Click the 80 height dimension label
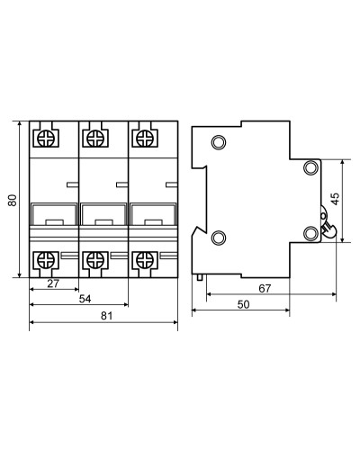click(13, 200)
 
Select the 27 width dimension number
click(53, 283)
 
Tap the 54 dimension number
click(85, 299)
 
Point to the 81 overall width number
click(107, 316)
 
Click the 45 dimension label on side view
click(336, 199)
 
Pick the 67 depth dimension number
click(265, 288)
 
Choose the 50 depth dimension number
click(243, 304)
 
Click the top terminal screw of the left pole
click(46, 139)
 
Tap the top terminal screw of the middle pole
click(95, 139)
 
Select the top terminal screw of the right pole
click(145, 139)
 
